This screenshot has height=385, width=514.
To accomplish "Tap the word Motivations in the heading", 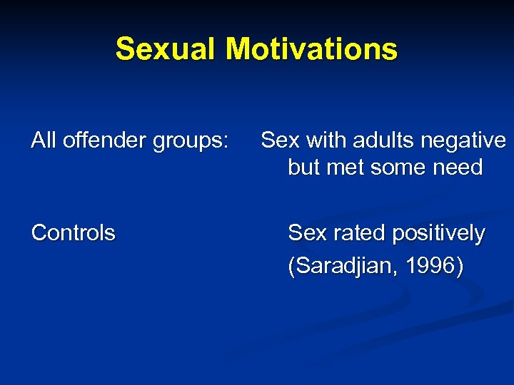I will click(312, 50).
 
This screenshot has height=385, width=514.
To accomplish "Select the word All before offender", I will click(44, 141).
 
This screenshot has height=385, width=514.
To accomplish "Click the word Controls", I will click(73, 233).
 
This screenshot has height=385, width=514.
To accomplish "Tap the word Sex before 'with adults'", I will click(278, 141).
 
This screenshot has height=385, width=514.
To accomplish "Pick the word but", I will click(303, 168).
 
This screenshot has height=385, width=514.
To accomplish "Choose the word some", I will click(399, 168).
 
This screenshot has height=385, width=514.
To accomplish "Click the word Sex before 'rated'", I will click(305, 233).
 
